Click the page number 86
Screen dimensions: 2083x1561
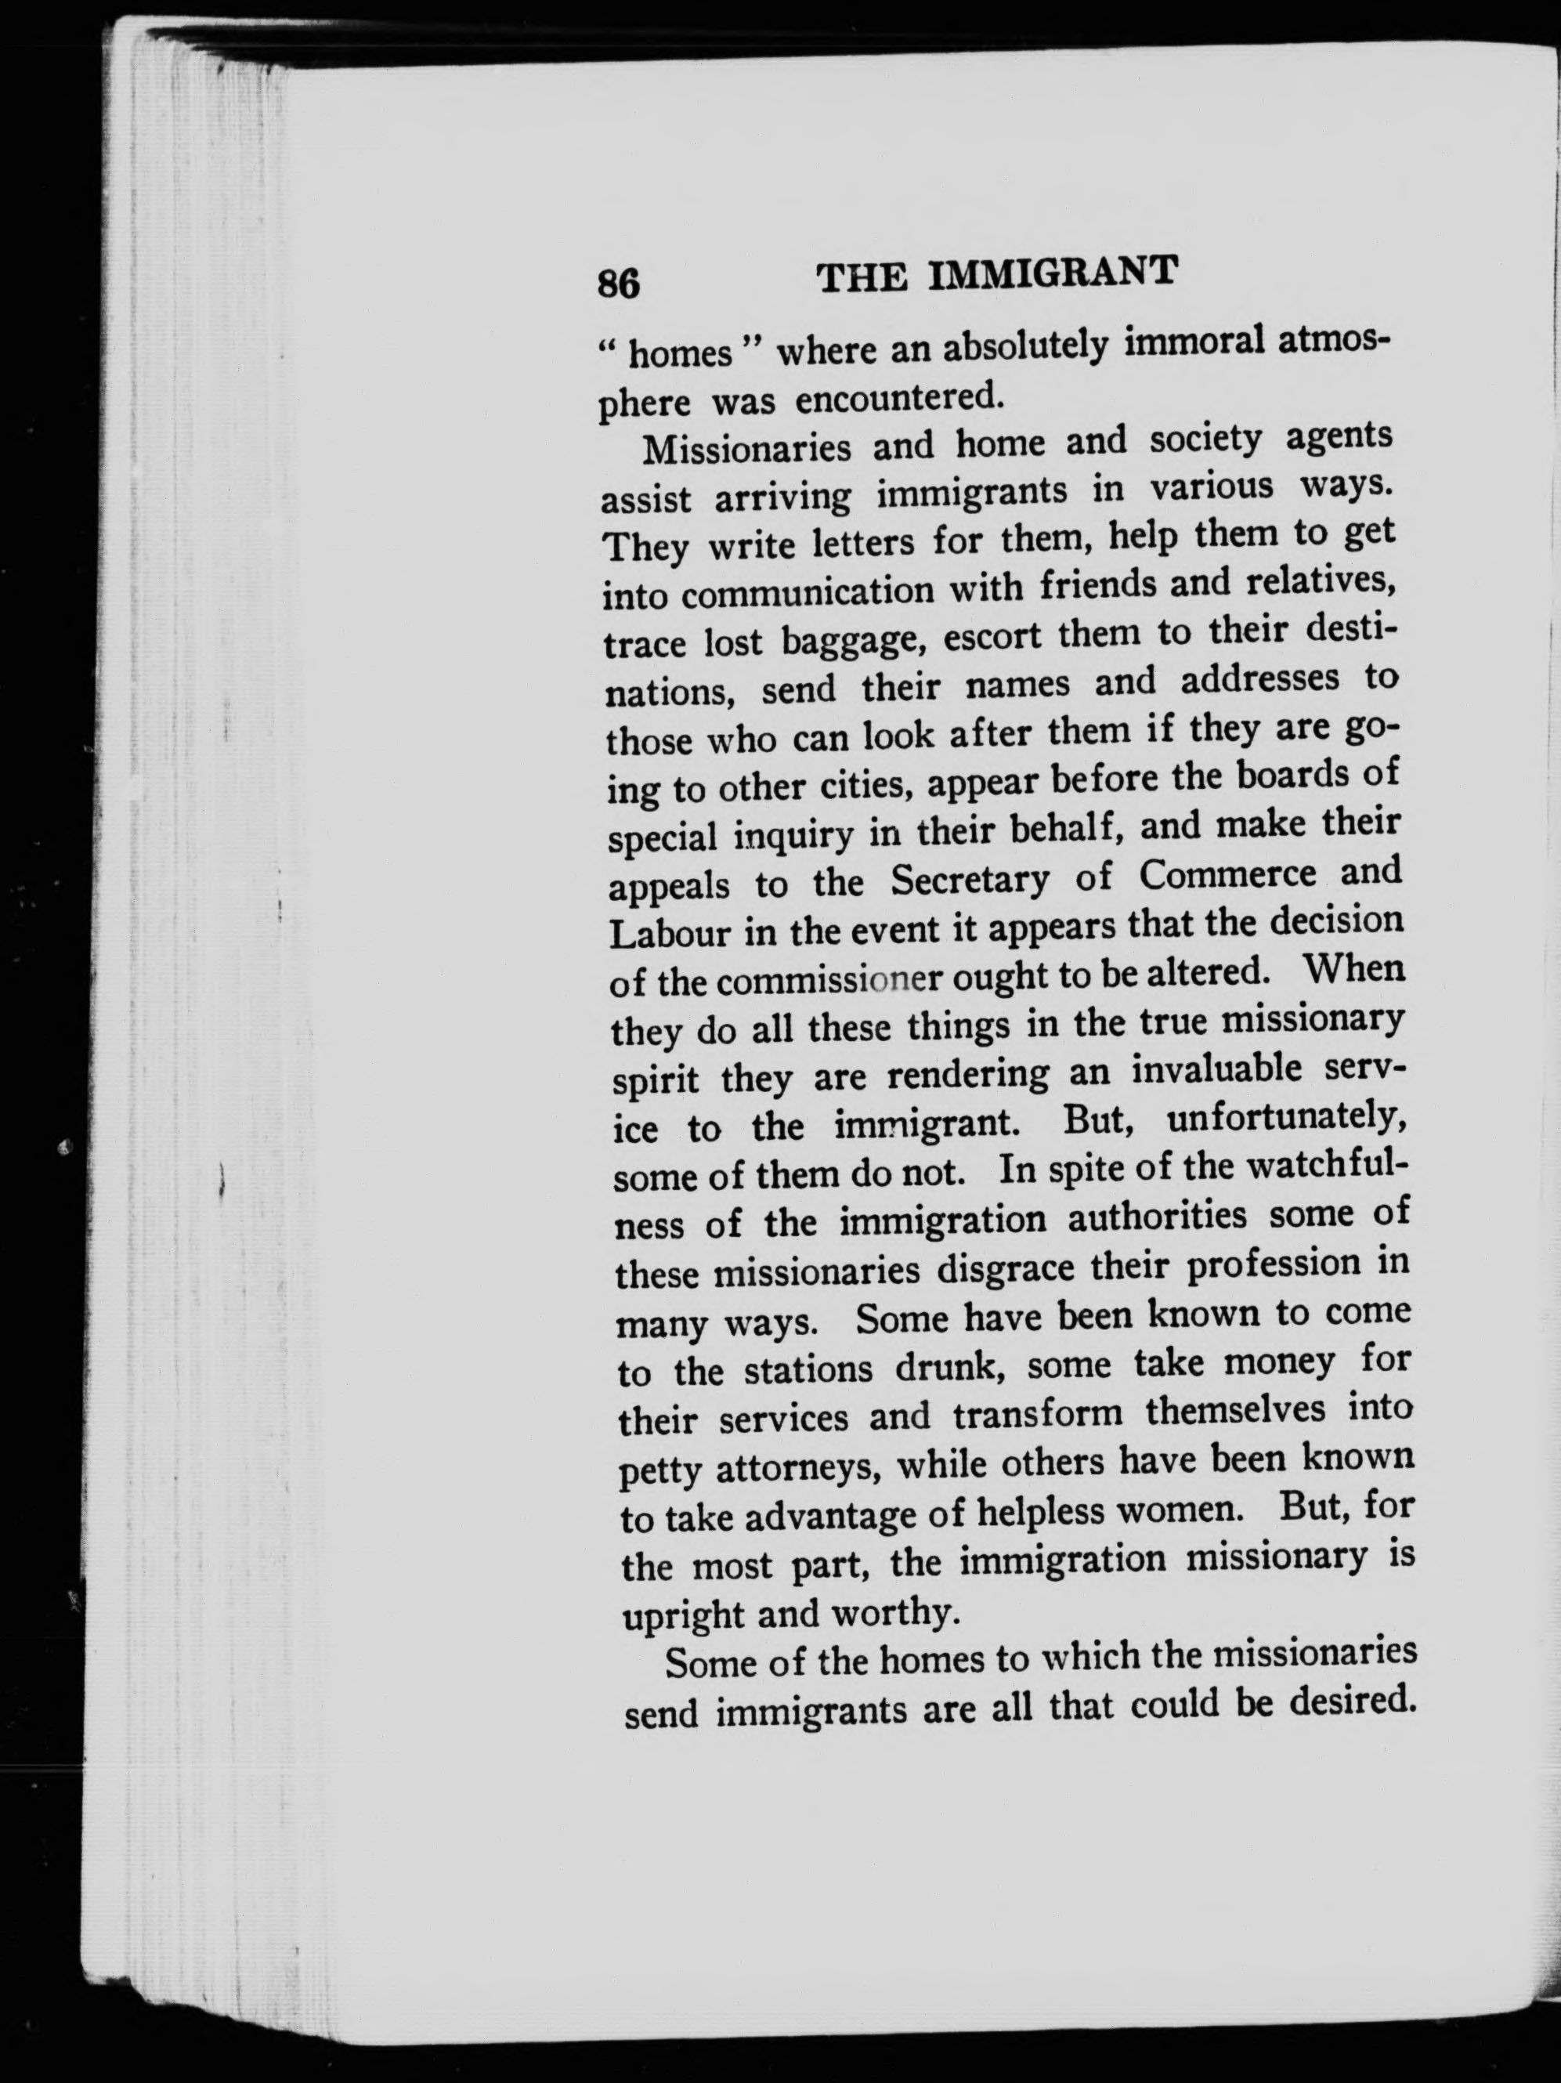click(x=619, y=284)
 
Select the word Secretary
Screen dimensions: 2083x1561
click(x=970, y=881)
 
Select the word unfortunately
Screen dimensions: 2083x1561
click(x=1287, y=1119)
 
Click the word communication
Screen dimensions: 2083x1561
click(x=808, y=592)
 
